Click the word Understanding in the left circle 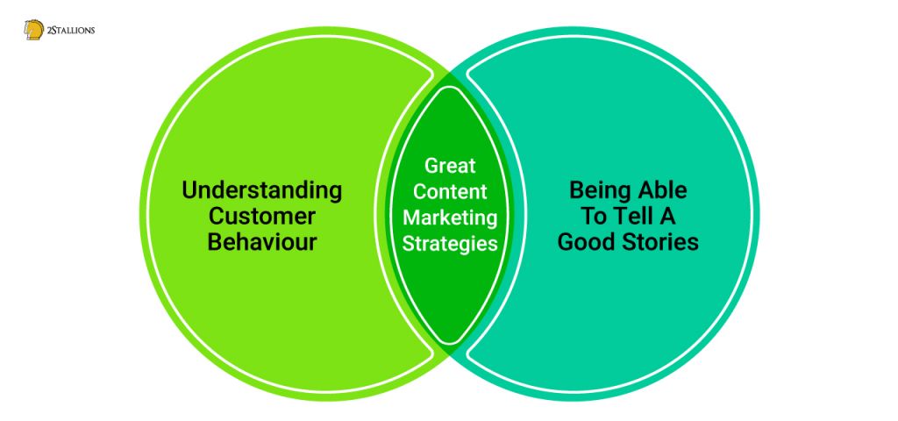tap(261, 190)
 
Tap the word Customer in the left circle tap(261, 217)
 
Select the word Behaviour tap(261, 242)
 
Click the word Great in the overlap tap(450, 166)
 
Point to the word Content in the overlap tap(450, 192)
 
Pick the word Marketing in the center tap(450, 218)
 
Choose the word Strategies tap(450, 244)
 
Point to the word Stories tap(659, 242)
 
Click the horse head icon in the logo tap(34, 30)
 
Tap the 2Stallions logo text tap(70, 31)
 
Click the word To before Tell tap(595, 217)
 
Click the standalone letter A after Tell tap(668, 217)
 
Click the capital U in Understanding tap(189, 190)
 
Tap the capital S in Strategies tap(409, 243)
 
